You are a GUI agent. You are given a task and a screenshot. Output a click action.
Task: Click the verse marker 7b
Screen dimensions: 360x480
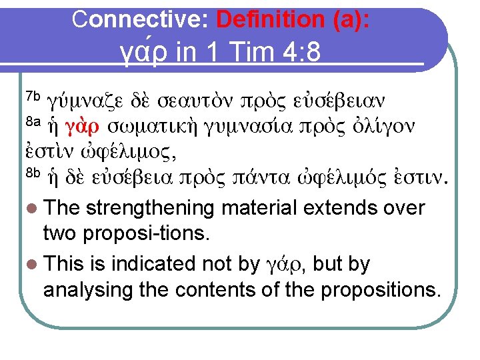pos(33,95)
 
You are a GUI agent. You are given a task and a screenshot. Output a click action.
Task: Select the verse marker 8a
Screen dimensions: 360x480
pos(33,122)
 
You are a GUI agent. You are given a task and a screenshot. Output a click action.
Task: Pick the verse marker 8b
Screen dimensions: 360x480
pos(33,175)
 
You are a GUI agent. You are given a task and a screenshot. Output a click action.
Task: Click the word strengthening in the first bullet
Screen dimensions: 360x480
pos(150,208)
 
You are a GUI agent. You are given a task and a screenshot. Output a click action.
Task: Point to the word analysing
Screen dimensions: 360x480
pos(89,289)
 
